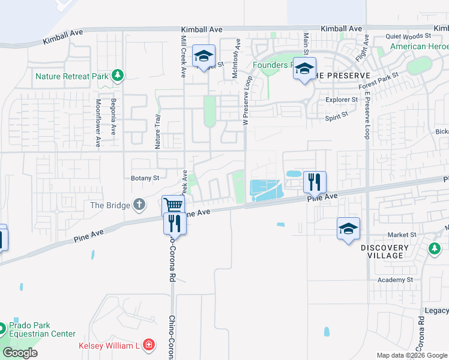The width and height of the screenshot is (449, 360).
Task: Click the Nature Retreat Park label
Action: (x=71, y=76)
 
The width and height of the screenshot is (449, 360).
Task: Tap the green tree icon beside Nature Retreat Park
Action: (x=118, y=76)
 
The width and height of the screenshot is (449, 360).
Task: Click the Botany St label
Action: (x=145, y=178)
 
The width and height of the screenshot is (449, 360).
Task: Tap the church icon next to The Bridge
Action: (x=139, y=205)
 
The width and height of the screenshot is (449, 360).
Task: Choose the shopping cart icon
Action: (x=173, y=206)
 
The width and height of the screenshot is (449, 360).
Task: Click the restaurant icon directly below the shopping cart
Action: (x=175, y=223)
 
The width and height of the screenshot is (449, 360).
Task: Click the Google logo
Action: (x=20, y=353)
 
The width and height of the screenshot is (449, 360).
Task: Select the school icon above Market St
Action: (x=348, y=229)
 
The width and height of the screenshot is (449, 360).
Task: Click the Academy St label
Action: (x=395, y=280)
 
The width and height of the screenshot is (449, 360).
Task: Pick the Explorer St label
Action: (x=342, y=100)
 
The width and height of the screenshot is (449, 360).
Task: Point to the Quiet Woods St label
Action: (x=408, y=37)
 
